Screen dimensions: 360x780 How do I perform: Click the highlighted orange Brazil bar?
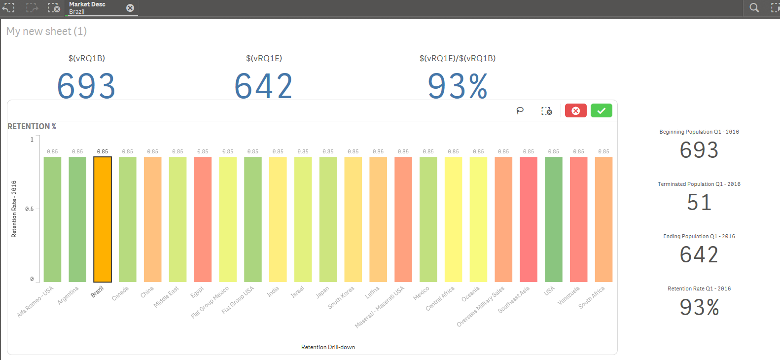coord(103,219)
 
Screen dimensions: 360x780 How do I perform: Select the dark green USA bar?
coord(554,219)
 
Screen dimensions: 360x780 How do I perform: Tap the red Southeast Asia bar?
coord(529,219)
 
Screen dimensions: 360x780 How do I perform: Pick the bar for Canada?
coord(128,219)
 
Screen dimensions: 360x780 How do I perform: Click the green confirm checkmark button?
coord(601,111)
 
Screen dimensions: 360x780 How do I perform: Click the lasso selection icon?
coord(520,111)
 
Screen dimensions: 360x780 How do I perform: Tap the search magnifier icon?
coord(754,8)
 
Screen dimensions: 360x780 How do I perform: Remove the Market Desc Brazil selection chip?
coord(130,8)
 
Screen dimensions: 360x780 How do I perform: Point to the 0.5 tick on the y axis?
coord(30,209)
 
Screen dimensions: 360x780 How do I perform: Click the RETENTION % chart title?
coord(32,127)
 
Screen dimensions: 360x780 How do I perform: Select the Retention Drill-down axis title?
coord(328,347)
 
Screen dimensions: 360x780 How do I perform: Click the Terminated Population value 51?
coord(699,203)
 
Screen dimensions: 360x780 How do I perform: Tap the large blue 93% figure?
coord(458,86)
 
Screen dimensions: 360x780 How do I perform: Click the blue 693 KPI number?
coord(86,86)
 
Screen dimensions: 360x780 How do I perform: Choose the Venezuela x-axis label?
coord(569,295)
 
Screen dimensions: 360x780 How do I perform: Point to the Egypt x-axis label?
coord(197,292)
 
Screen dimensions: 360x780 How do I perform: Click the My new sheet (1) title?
coord(46,32)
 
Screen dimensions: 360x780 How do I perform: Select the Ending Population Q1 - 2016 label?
coord(699,236)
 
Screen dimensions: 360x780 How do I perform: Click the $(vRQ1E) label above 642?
coord(264,58)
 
